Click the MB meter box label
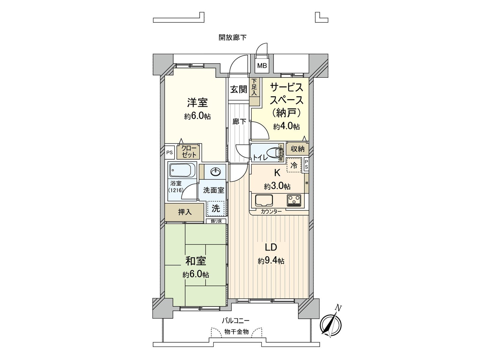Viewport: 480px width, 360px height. click(x=262, y=66)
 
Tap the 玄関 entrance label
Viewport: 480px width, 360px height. click(x=238, y=89)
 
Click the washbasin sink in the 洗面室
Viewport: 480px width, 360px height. click(x=216, y=172)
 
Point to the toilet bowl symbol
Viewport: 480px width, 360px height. click(x=273, y=153)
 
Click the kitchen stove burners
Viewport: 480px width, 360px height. click(x=294, y=200)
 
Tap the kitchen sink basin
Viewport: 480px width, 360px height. click(x=264, y=200)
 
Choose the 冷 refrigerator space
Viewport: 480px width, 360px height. click(x=294, y=165)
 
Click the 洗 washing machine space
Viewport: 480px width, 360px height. click(x=216, y=208)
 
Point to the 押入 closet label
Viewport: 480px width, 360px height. click(x=184, y=212)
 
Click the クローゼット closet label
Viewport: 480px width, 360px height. click(x=189, y=152)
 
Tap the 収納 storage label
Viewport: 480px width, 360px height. click(x=297, y=149)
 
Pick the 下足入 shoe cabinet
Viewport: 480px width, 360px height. click(x=254, y=87)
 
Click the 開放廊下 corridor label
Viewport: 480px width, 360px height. click(x=232, y=37)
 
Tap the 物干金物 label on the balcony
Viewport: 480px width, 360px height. click(x=237, y=332)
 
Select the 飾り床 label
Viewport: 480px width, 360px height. click(x=216, y=221)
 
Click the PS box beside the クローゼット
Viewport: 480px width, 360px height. click(x=169, y=152)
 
